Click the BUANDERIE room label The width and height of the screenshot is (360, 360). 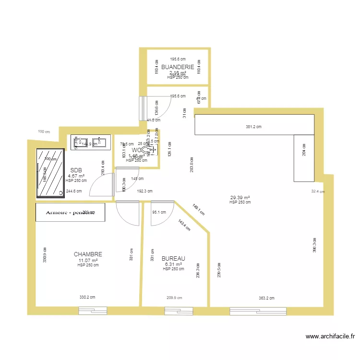point(178,67)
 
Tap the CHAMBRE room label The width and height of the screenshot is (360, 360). point(88,254)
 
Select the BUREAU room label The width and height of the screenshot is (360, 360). point(173,258)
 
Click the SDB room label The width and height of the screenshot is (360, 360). point(76,170)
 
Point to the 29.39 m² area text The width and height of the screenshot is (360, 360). point(240,197)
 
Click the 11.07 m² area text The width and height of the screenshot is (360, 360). point(88,260)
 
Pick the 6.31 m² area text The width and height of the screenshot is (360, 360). point(173,264)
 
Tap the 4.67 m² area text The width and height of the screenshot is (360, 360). point(76,176)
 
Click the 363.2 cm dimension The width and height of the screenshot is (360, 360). point(266,298)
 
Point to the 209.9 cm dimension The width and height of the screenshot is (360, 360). point(175,298)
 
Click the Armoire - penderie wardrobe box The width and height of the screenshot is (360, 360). point(70,212)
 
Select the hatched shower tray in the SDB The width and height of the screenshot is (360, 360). point(50,173)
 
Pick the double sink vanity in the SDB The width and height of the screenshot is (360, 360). point(91,142)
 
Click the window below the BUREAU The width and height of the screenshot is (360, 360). point(179,311)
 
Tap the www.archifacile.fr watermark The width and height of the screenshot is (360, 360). point(330,337)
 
